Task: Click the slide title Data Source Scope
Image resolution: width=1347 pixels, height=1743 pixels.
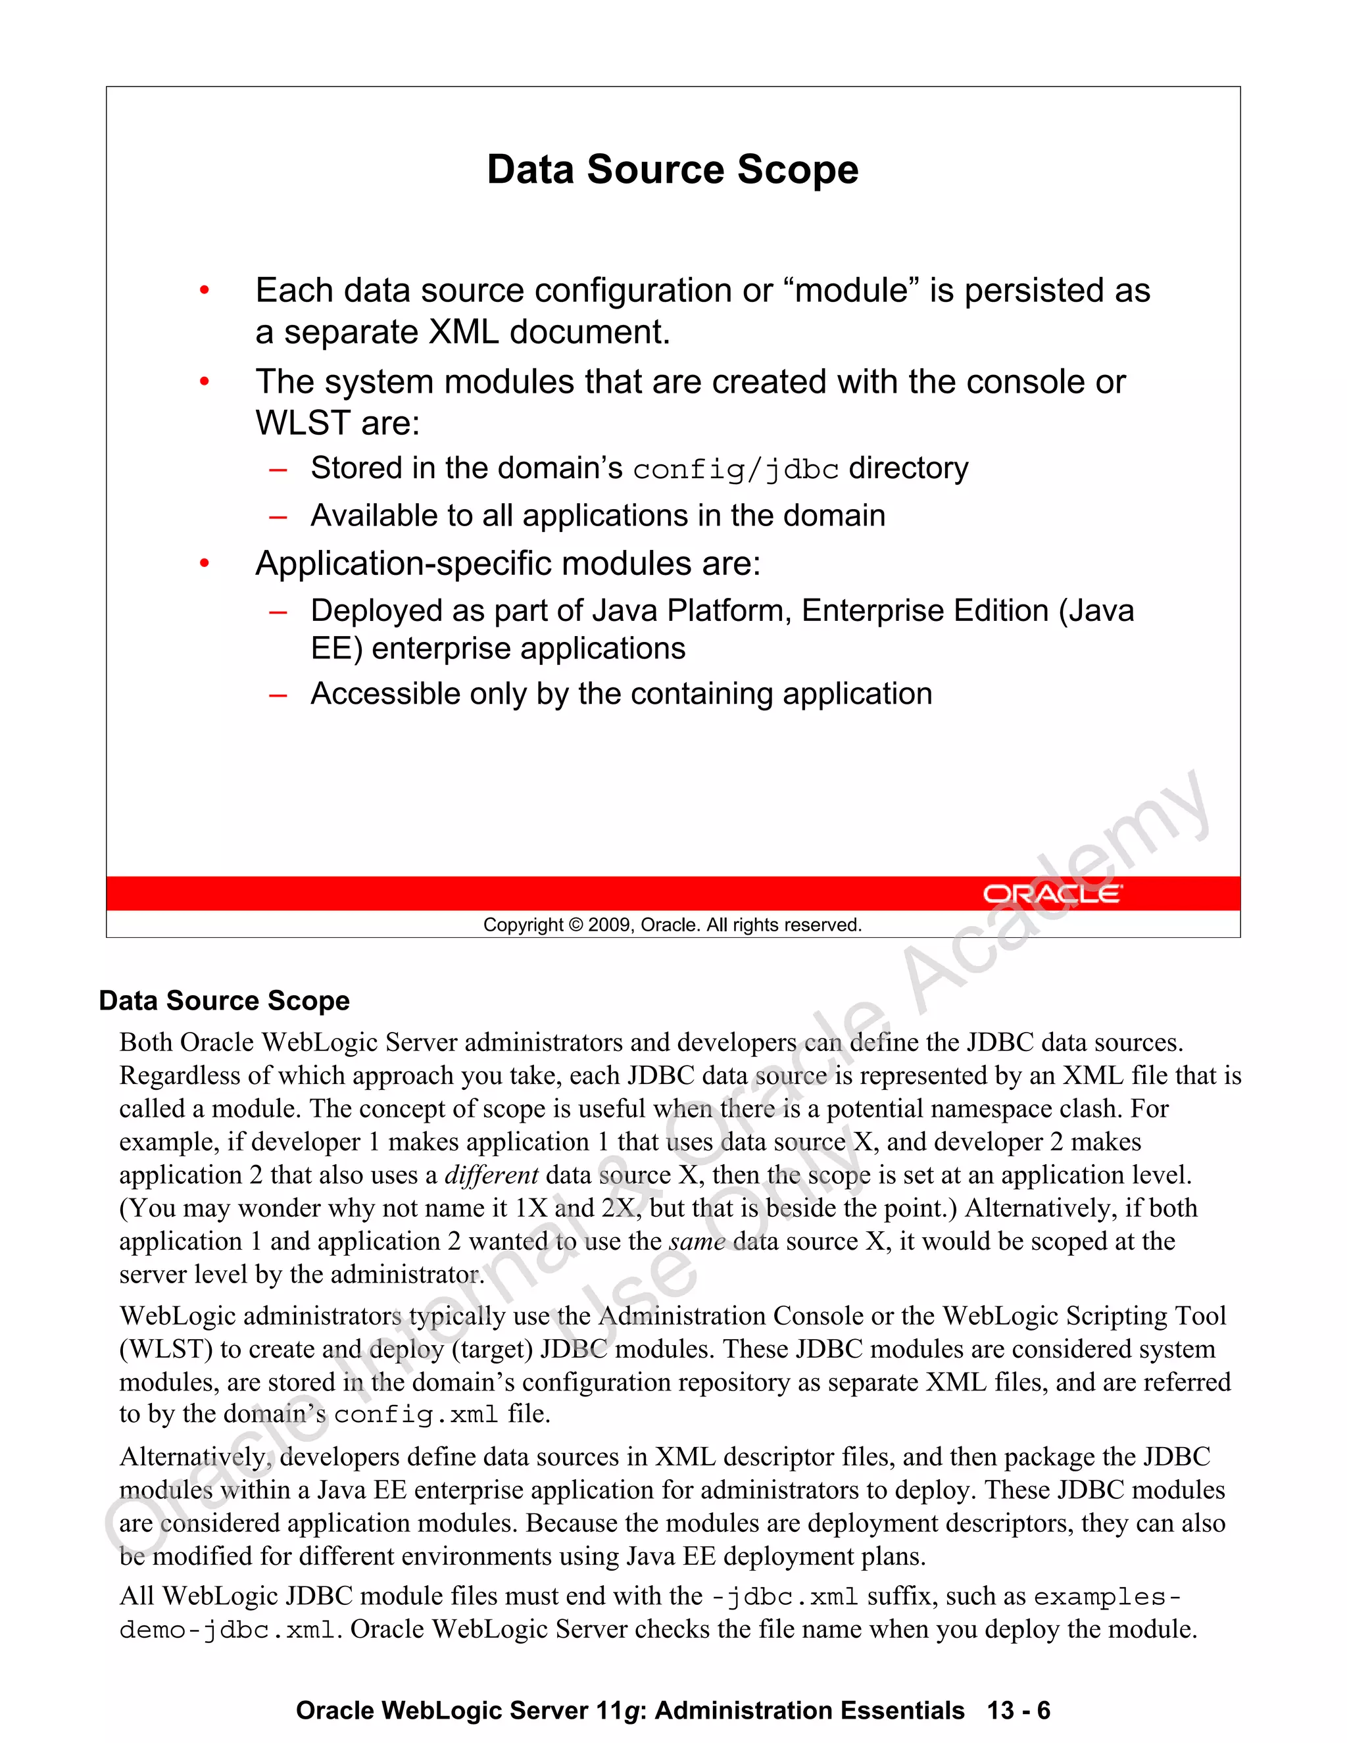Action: (672, 169)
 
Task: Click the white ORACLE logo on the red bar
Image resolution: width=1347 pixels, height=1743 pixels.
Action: (1051, 893)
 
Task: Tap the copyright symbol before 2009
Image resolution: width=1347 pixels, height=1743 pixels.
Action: (576, 925)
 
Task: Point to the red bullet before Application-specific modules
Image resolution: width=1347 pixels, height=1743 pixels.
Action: (205, 564)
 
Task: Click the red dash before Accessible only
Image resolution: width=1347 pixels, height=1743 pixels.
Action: (278, 695)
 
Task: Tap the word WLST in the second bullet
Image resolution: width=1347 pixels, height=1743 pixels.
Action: (303, 423)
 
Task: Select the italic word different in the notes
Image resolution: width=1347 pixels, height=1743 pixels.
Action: (491, 1175)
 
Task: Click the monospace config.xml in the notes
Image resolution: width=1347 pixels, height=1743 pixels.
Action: (415, 1415)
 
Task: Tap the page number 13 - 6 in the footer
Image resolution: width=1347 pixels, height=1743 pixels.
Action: (1018, 1710)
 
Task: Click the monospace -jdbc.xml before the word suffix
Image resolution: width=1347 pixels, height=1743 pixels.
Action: (783, 1597)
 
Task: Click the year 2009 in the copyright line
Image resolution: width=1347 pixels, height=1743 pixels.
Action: (610, 925)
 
